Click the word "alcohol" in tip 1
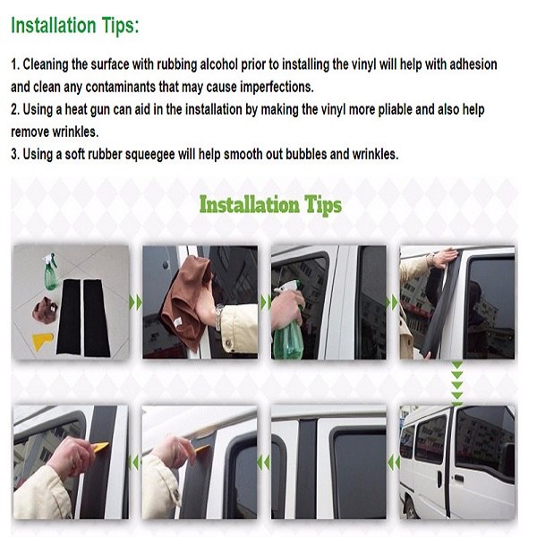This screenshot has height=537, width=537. [x=218, y=64]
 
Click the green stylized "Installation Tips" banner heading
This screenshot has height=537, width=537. [x=270, y=205]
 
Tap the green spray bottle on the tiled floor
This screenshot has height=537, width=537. [x=51, y=271]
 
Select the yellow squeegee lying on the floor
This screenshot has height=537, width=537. [x=43, y=342]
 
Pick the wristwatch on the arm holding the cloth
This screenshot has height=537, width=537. [x=217, y=317]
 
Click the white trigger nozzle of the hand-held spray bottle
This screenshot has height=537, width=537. [x=288, y=286]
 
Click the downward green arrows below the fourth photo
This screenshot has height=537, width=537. [x=456, y=382]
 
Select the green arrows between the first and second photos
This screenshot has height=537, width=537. [x=135, y=303]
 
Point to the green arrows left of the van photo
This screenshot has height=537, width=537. [x=394, y=463]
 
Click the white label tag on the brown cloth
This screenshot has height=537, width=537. [x=177, y=322]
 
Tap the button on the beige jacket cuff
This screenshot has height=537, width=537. [x=228, y=343]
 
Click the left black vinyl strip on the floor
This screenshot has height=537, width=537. [x=69, y=317]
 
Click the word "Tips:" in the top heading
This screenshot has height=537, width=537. [x=120, y=25]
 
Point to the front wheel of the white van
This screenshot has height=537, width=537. [x=410, y=513]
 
